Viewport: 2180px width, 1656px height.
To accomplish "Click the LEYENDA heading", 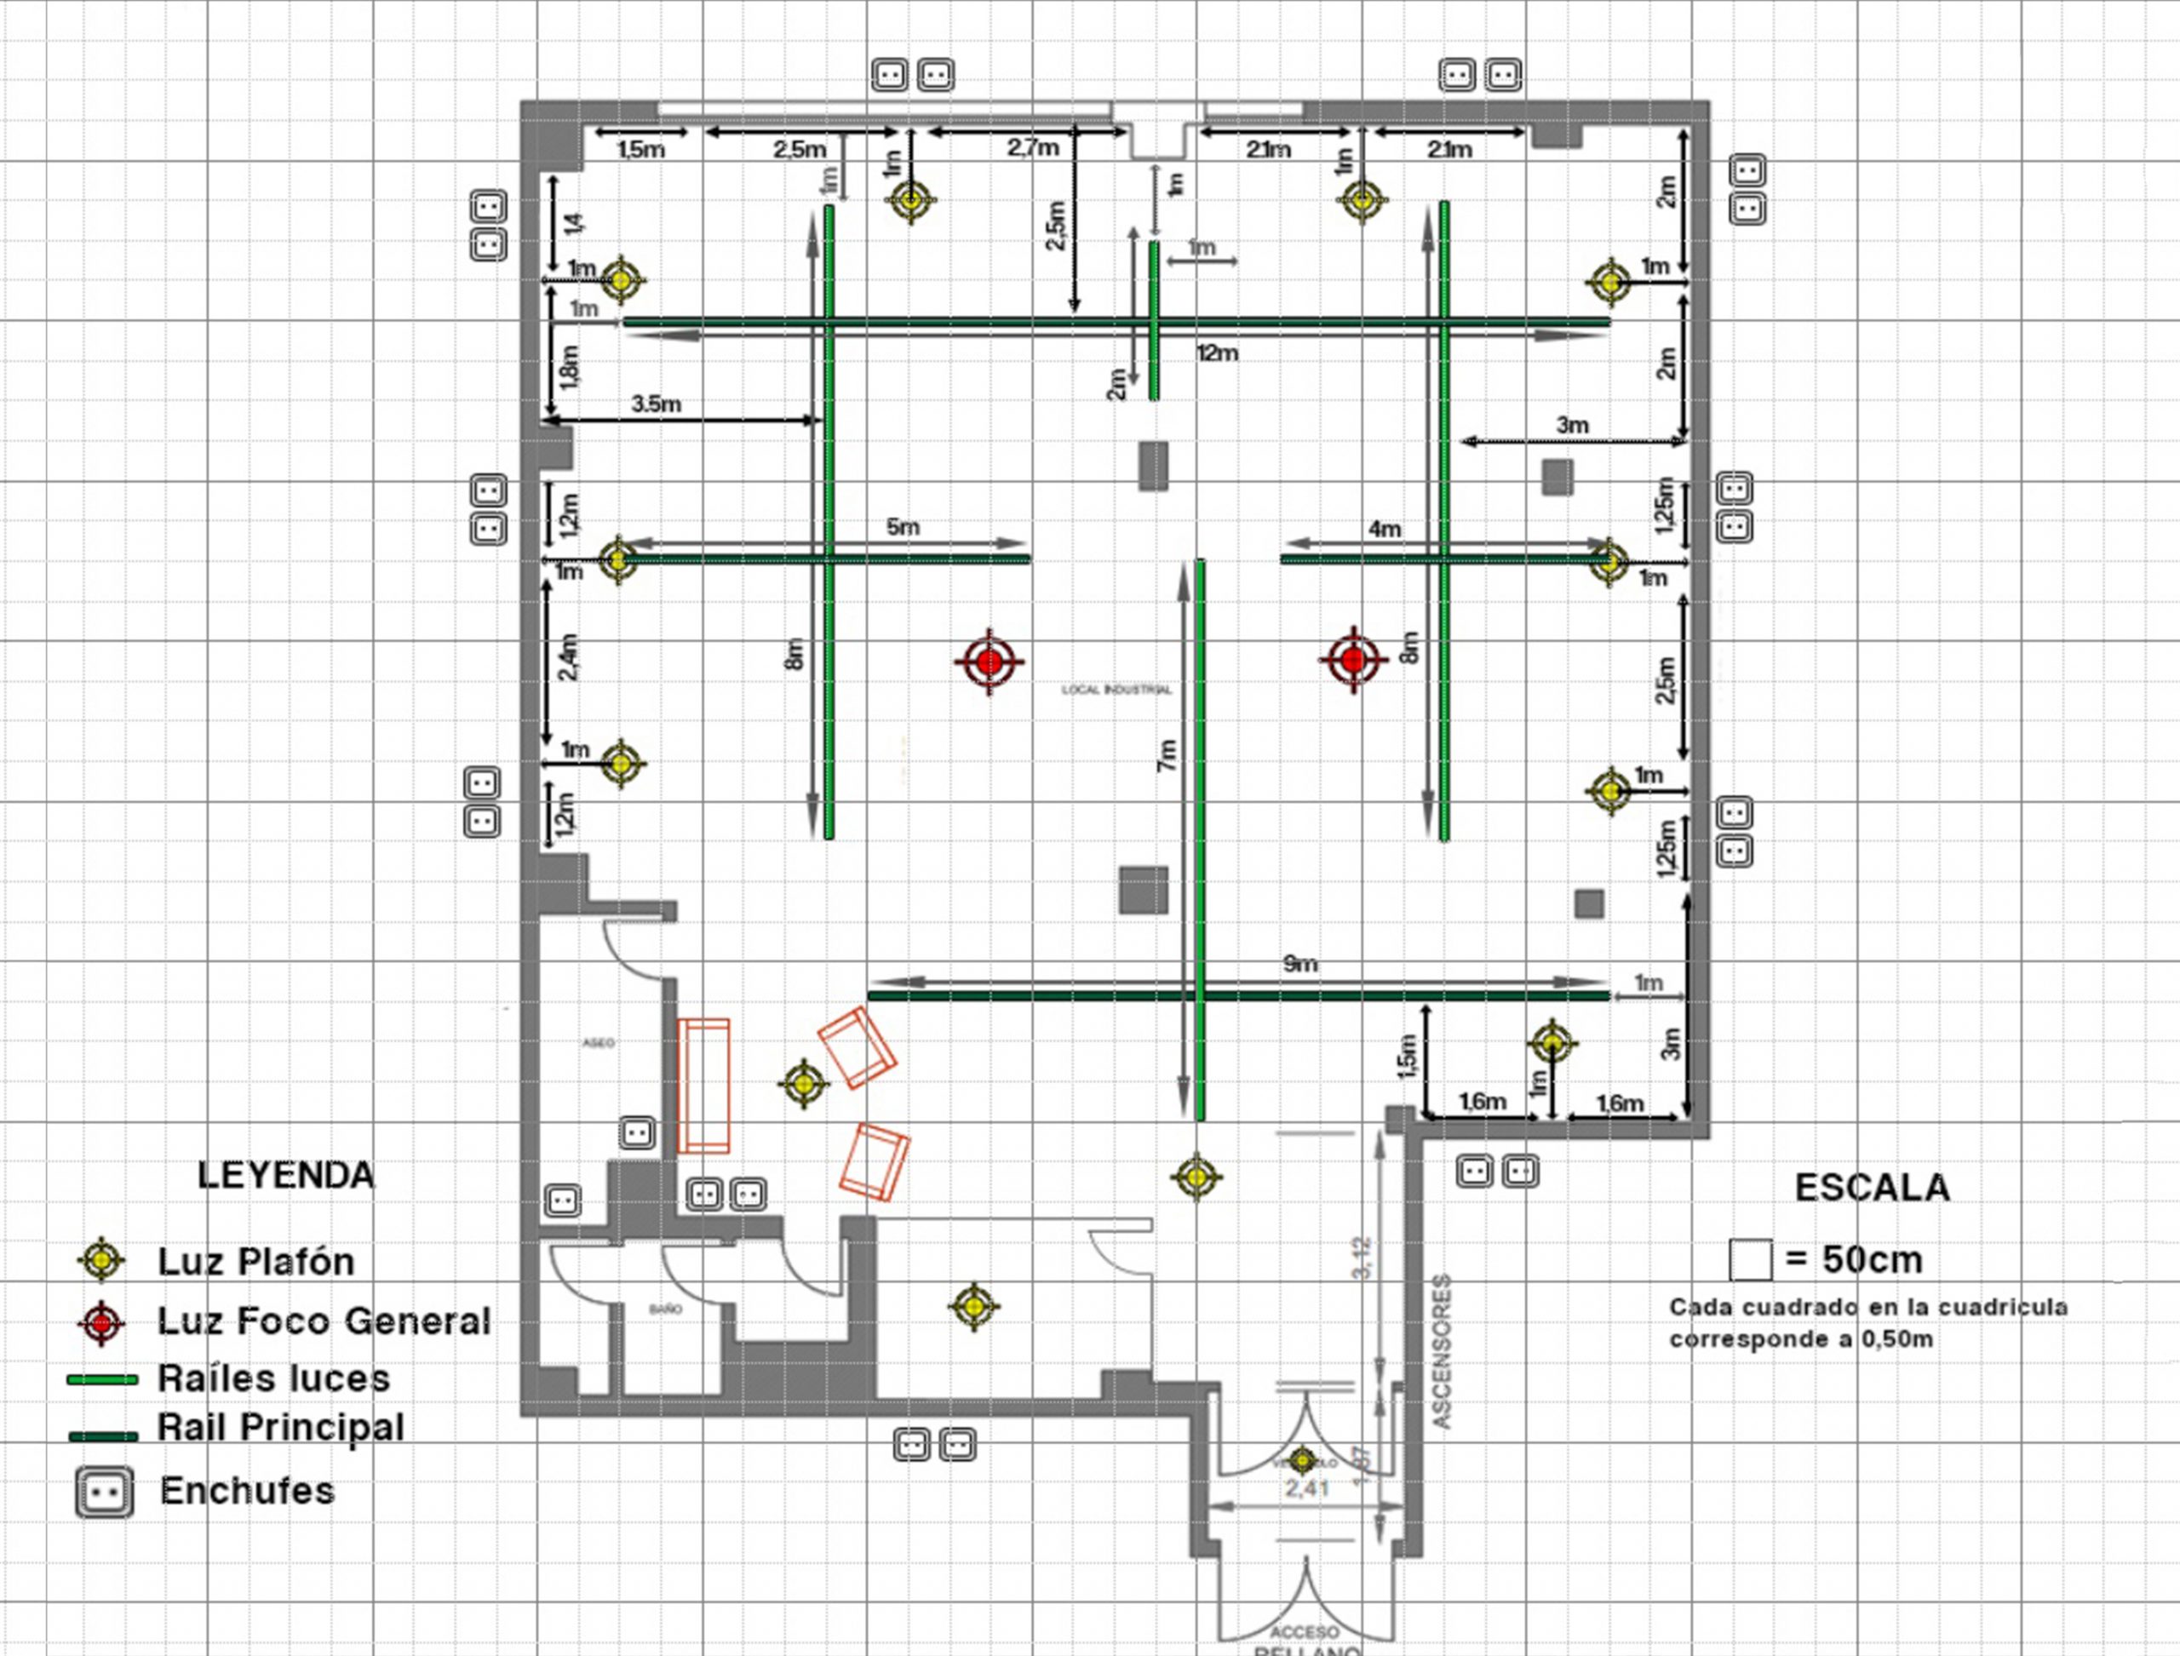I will (x=286, y=1175).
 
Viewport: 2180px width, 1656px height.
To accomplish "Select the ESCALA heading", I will (x=1872, y=1188).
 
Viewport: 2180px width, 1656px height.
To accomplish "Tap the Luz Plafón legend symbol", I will (x=101, y=1260).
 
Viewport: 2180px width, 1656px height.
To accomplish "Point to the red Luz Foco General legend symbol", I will (x=101, y=1323).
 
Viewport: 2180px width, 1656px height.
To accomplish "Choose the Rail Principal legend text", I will (x=281, y=1427).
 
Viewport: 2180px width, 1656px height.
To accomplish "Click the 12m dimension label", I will (x=1218, y=352).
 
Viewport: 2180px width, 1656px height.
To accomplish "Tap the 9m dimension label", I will (x=1300, y=964).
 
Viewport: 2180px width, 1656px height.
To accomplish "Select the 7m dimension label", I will (x=1167, y=756).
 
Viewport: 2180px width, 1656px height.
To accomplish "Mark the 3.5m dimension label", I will (x=657, y=404).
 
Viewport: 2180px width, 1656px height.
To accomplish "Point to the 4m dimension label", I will (x=1385, y=530).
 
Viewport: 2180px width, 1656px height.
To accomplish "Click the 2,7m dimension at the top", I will (x=1033, y=148).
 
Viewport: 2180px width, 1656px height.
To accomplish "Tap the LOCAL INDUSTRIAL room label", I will (x=1116, y=690).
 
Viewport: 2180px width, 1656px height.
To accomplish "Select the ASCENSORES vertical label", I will (x=1442, y=1350).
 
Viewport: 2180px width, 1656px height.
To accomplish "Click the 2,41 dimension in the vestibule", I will (x=1307, y=1487).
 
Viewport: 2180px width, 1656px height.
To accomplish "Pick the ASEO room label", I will (x=599, y=1043).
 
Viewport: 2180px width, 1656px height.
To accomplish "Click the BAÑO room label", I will (x=666, y=1309).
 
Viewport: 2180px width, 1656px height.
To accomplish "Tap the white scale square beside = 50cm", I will (x=1750, y=1260).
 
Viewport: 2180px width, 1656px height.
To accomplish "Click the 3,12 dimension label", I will (x=1362, y=1258).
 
